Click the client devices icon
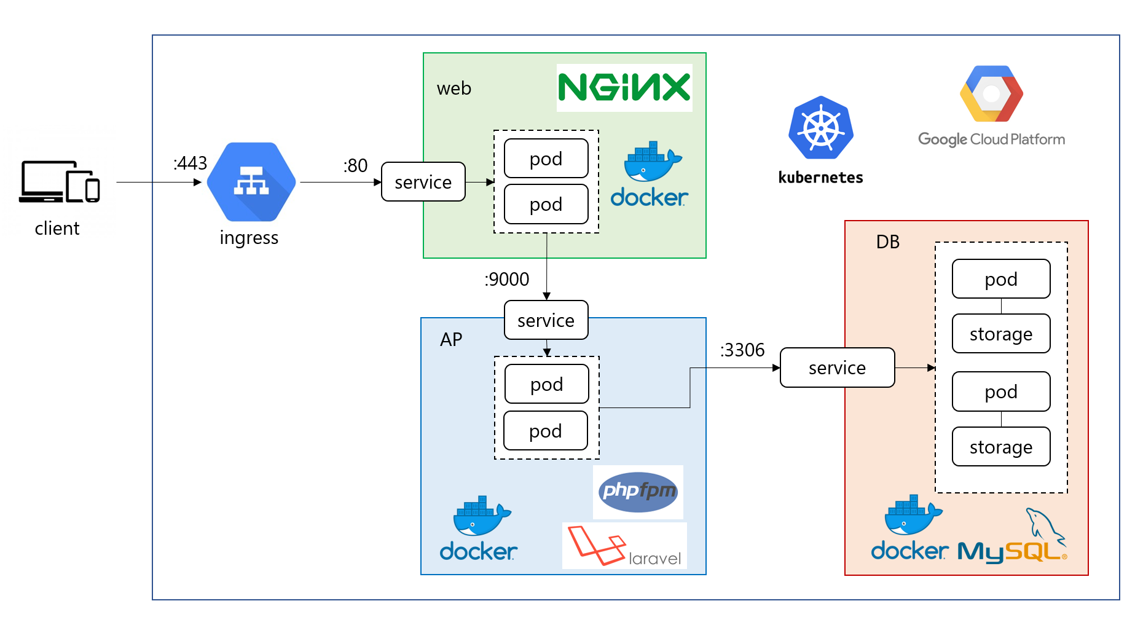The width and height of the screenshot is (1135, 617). click(59, 182)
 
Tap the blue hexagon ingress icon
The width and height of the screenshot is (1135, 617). click(251, 182)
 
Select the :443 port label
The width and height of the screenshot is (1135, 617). click(190, 163)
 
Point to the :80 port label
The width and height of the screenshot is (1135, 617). click(355, 166)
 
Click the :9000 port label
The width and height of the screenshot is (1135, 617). click(507, 280)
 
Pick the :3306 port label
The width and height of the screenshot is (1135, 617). click(742, 350)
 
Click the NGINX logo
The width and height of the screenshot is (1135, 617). click(624, 88)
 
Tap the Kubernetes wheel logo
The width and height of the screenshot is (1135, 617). click(821, 128)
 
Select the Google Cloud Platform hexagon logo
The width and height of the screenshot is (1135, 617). click(991, 94)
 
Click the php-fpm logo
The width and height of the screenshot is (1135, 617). click(638, 492)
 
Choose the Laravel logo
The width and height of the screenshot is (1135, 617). click(624, 546)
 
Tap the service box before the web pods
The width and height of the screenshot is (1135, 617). click(423, 182)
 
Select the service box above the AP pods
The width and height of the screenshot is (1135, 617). click(546, 320)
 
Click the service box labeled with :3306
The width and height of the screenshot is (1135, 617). click(837, 367)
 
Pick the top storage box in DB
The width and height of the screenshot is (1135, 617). click(1001, 334)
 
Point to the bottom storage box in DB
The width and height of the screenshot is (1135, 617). click(1001, 447)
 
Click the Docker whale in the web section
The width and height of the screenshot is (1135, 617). click(651, 161)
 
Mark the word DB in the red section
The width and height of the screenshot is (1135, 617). click(888, 242)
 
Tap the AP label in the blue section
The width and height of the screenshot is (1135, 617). click(451, 340)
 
